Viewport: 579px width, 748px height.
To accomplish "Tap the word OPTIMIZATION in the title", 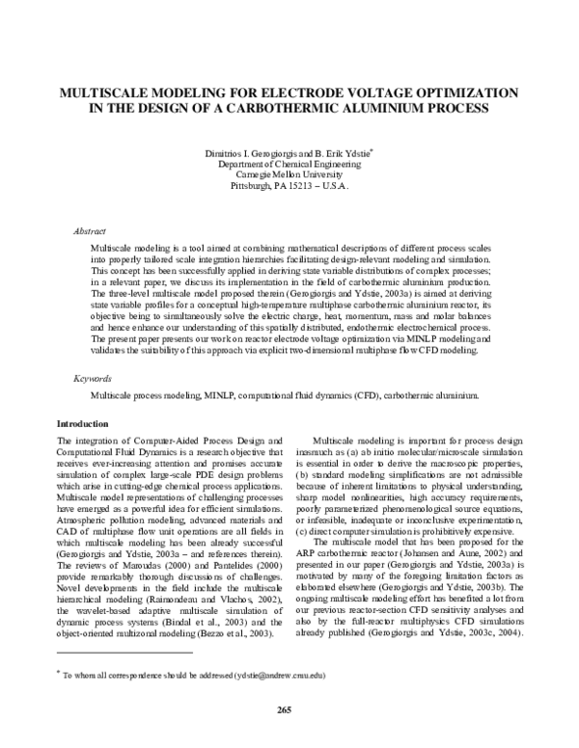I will (462, 93).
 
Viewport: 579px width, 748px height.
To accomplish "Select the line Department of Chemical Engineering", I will (289, 165).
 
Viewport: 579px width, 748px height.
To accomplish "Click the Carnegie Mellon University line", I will (289, 175).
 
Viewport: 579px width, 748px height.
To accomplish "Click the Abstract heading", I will (90, 231).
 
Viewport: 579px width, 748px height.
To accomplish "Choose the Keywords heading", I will (93, 382).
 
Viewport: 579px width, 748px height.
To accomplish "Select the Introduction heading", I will (83, 424).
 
